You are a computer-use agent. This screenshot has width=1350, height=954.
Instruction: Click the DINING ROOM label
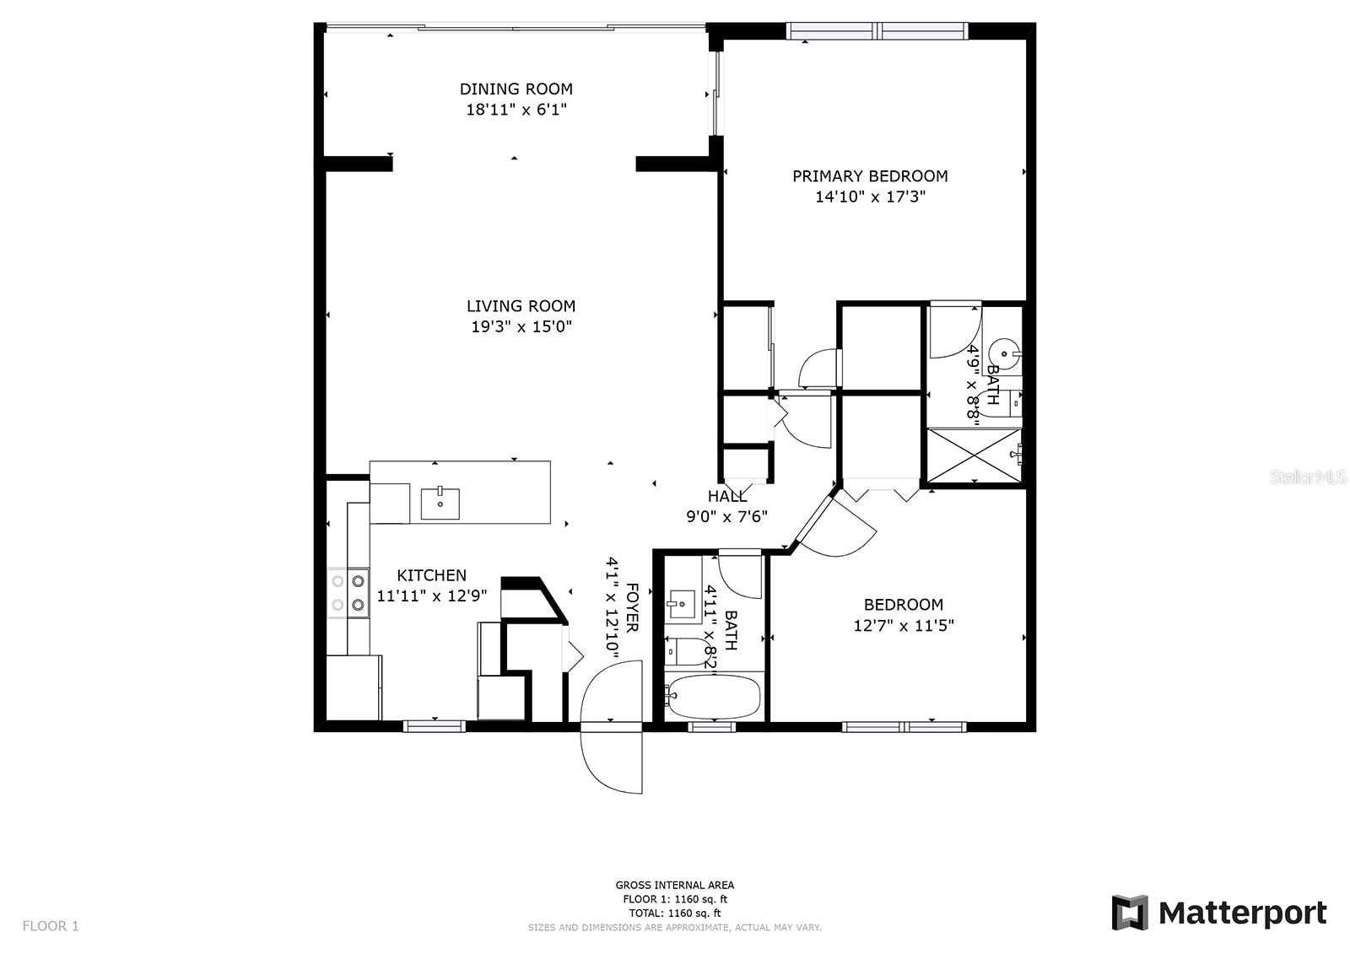516,89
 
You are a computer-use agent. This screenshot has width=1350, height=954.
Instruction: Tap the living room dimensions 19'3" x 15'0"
521,326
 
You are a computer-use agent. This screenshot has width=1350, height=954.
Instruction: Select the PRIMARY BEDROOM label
869,176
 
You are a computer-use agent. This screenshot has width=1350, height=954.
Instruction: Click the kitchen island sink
440,504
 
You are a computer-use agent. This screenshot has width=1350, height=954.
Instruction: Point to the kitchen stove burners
348,592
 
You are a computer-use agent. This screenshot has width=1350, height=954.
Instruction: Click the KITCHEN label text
431,575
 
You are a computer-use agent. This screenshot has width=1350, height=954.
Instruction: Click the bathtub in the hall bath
713,696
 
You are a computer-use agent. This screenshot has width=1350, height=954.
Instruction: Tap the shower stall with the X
974,455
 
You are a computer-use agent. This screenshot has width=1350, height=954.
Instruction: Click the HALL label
726,497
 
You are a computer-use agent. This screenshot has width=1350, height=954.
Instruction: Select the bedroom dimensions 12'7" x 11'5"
904,626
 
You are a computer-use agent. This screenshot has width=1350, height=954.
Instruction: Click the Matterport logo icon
1130,913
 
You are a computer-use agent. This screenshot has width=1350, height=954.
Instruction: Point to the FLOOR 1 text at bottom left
51,926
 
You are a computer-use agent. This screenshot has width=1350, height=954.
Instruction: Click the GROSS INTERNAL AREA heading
674,885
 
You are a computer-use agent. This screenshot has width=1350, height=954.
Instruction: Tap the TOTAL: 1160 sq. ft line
674,913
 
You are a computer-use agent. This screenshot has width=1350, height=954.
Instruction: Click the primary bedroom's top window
877,32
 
